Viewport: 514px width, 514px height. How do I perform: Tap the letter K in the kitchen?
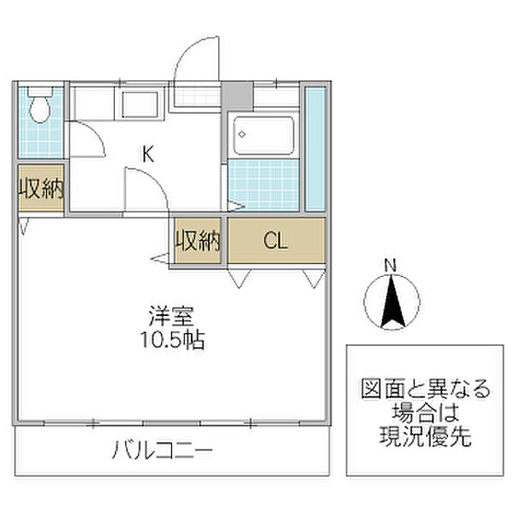147,155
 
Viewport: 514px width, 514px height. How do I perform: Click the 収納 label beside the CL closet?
199,241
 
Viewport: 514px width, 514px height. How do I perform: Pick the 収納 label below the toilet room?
41,187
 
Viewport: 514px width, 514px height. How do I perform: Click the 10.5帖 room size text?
171,340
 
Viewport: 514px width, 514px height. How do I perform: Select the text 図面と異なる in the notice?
425,390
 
